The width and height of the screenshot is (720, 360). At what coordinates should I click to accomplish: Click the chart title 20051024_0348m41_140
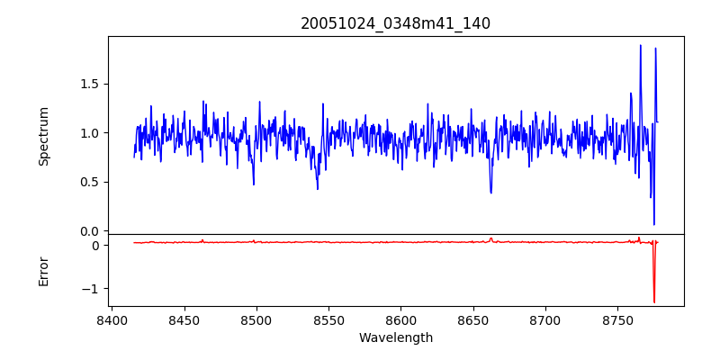pos(395,23)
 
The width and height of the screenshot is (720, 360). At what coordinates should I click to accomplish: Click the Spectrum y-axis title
pos(43,136)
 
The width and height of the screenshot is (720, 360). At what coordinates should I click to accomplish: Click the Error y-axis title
pos(43,271)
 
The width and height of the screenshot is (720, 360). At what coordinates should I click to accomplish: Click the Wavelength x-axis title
pos(395,338)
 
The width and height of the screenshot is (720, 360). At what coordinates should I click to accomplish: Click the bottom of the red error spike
pos(654,302)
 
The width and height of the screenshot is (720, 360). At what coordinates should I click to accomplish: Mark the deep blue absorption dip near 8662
pos(490,192)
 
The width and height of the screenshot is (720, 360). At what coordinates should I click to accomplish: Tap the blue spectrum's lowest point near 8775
pos(654,224)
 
